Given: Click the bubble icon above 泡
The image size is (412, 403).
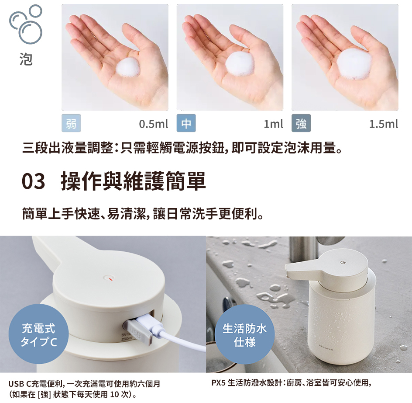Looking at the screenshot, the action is pos(26,24).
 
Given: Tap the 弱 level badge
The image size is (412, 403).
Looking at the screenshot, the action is pos(71,123).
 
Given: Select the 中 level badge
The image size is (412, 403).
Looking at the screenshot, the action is pos(186,123).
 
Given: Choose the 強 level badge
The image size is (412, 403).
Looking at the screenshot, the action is pos(301,123).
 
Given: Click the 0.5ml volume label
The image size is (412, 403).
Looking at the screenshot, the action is pos(154,124).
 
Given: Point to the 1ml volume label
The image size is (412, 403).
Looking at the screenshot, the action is pos(273,124).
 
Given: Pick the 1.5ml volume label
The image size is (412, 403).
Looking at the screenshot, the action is pos(384,124).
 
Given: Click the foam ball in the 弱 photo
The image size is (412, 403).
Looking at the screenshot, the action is pos(128,67).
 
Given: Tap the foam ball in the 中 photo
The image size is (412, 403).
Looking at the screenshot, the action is pos(240,65).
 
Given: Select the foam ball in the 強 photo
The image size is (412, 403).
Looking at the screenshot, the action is pos(355,63).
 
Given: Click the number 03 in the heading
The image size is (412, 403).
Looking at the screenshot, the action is pos(33,181).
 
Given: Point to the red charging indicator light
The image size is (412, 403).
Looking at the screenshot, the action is pos(110,279).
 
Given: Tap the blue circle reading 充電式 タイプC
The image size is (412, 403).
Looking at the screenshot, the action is pos(38,334).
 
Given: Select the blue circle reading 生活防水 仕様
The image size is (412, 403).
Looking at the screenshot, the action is pos(244,334).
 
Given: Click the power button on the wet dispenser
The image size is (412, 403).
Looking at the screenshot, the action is pos(342,262).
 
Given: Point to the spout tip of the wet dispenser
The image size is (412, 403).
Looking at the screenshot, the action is pos(288,272).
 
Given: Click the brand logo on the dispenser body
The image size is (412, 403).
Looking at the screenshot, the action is pos(326,347).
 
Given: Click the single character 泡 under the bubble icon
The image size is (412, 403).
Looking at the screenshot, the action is pos(26,59).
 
